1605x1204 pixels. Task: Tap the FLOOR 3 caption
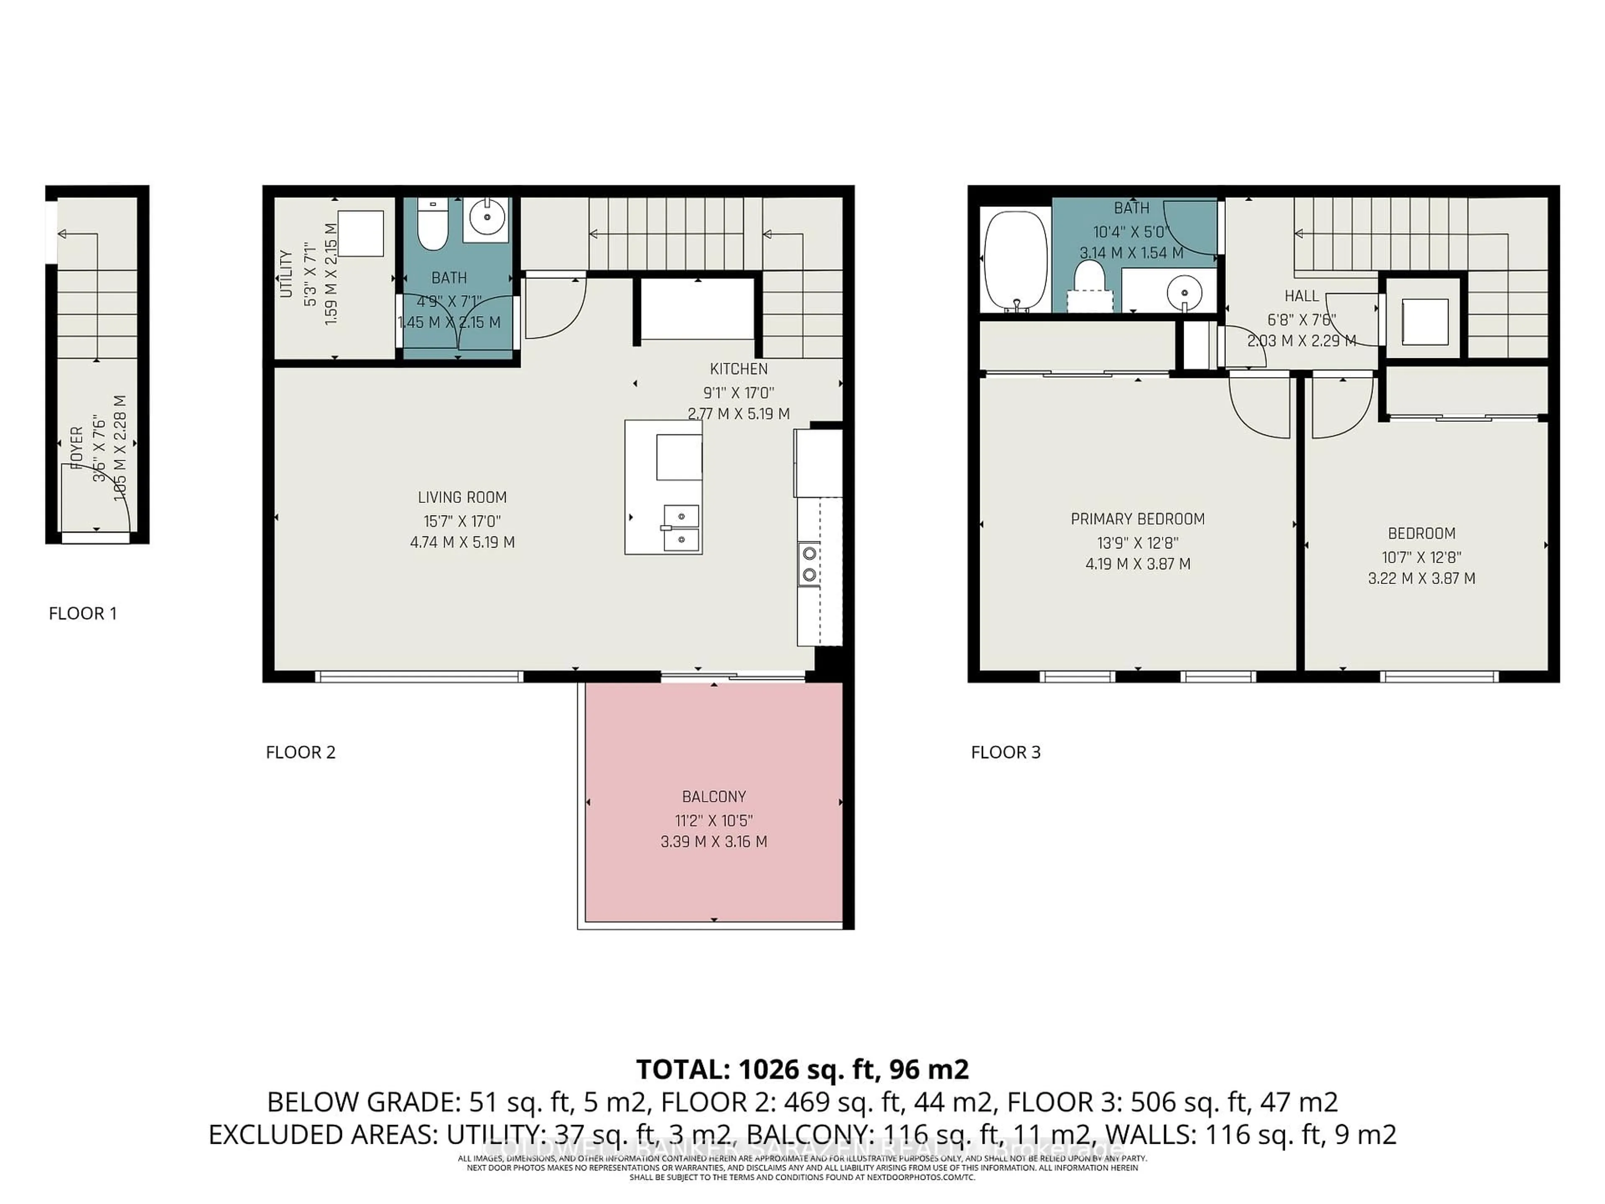point(1006,752)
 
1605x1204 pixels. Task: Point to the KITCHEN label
point(739,369)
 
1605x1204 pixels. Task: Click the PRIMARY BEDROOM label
point(1137,519)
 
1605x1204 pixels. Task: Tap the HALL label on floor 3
point(1302,296)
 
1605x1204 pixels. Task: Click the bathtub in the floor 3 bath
point(1015,260)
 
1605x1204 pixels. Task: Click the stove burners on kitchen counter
point(810,564)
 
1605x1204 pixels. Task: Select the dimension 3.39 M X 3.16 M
point(713,842)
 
